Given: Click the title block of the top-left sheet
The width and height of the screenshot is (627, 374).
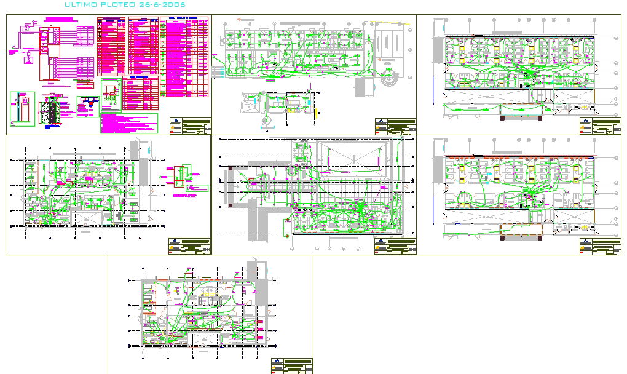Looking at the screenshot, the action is coord(190,127).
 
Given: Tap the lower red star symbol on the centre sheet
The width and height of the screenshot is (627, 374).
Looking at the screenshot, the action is coord(286,234).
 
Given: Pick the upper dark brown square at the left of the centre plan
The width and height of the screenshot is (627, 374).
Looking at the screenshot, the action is coord(229,167).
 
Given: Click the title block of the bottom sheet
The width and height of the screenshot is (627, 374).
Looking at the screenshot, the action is coord(291,365).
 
